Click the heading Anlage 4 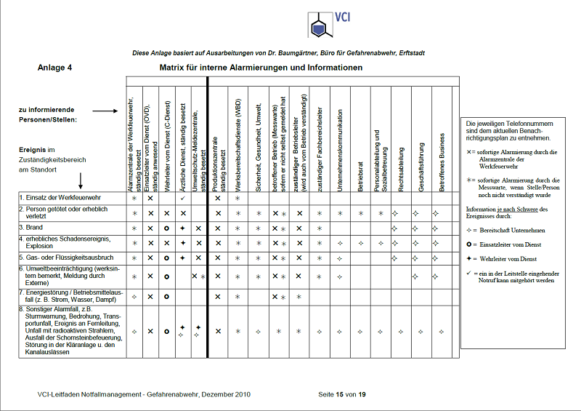pos(55,68)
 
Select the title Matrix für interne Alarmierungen pos(261,68)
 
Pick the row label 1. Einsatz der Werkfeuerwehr pos(61,198)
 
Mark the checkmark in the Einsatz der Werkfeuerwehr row pos(183,198)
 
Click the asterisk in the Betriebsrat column pos(361,213)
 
